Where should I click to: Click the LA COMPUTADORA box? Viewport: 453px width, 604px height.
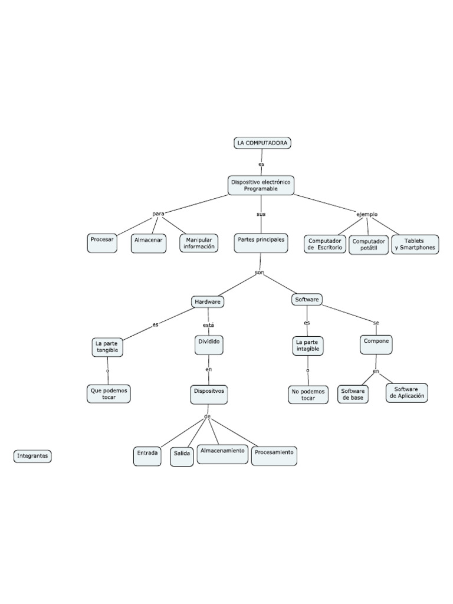point(262,143)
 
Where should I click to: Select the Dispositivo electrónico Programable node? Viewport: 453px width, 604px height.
point(261,185)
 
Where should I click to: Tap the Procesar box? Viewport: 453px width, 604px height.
point(102,243)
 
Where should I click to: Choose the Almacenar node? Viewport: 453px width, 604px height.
point(149,243)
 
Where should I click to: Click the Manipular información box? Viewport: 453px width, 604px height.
point(199,244)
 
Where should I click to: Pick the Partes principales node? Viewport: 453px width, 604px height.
point(261,242)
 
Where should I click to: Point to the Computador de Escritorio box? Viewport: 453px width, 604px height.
point(324,244)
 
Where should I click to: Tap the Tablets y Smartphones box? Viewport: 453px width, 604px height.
point(415,244)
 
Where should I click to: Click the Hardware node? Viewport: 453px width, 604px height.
point(208,301)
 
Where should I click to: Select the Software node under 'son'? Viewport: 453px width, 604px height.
point(307,300)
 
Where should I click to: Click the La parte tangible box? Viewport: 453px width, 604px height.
point(107,347)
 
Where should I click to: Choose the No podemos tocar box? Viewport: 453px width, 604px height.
point(308,394)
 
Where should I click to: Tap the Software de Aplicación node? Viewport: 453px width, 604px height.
point(407,393)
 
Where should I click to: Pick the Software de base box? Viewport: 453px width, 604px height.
point(353,394)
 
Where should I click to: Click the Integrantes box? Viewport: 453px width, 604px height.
point(32,456)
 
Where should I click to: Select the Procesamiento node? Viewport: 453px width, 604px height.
point(274,454)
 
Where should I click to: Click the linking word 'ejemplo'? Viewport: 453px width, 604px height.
point(367,214)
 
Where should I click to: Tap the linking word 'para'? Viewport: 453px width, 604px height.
point(158,214)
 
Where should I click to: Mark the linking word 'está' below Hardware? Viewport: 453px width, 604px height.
point(208,325)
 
